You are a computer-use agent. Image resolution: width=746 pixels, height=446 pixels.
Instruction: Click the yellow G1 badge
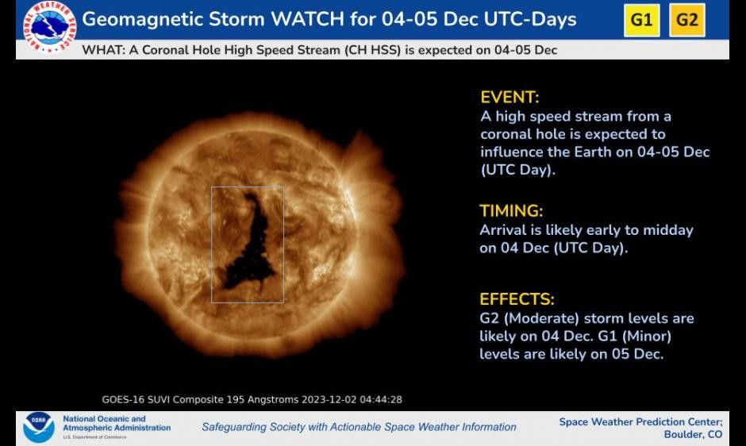[x=641, y=20]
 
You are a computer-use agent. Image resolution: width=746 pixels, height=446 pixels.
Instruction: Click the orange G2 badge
[x=687, y=20]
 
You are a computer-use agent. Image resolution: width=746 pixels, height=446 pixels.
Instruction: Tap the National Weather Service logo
[x=49, y=27]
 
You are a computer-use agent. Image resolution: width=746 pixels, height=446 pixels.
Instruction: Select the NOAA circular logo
[x=38, y=427]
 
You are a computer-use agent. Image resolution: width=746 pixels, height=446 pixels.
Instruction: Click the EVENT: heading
[x=510, y=98]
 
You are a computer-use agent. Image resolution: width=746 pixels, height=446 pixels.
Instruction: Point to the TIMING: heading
[x=511, y=211]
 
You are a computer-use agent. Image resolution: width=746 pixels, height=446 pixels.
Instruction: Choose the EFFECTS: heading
[x=517, y=299]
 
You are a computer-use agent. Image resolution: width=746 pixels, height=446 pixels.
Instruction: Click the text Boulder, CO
[x=693, y=435]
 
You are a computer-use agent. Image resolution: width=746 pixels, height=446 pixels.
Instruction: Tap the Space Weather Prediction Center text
[x=640, y=421]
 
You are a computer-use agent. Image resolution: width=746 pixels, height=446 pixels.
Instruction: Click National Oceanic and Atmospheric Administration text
[x=116, y=423]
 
